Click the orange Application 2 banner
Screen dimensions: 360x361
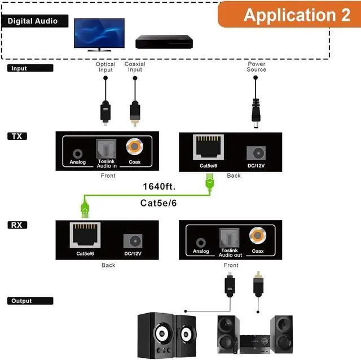point(289,14)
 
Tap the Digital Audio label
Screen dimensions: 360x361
point(33,21)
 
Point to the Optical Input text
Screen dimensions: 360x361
point(105,67)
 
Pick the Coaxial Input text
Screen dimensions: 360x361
point(135,67)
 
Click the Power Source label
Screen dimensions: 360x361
point(256,67)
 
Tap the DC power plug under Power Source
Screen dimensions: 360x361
point(256,110)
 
